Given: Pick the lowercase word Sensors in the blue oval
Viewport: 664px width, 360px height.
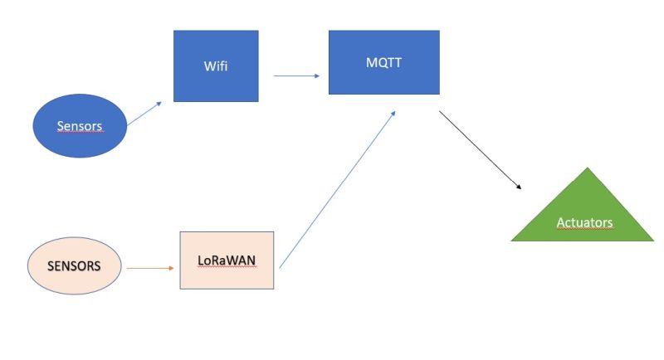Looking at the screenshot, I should click(80, 127).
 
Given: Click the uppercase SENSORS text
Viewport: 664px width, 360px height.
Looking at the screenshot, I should click(75, 267).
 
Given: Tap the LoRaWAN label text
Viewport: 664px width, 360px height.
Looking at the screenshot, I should click(227, 260).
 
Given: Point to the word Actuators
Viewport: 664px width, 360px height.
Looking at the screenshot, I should click(586, 222).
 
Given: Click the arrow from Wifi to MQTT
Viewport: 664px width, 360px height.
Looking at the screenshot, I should click(296, 76).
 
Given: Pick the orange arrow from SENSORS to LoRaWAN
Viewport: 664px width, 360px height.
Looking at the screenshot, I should click(150, 268).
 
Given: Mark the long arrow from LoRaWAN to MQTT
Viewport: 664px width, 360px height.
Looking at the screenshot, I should click(339, 189).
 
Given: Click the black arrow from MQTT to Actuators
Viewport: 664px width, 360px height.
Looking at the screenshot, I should click(480, 150).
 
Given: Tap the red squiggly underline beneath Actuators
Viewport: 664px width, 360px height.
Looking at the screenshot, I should click(586, 229).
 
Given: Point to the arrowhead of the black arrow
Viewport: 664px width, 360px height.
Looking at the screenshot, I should click(519, 186).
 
